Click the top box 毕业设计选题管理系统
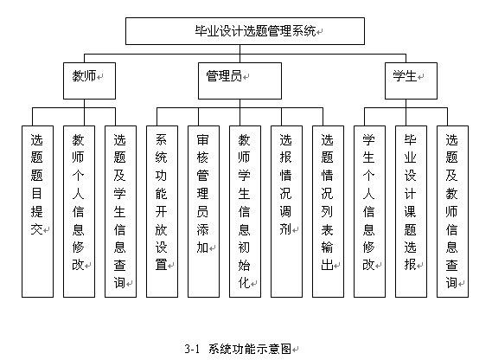[245, 31]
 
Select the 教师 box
[89, 80]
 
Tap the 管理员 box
[240, 80]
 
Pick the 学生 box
[411, 80]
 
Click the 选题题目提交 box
[37, 211]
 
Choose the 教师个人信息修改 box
[79, 211]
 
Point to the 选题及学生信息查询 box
[120, 211]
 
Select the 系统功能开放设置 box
[162, 211]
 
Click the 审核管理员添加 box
[203, 211]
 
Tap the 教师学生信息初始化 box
[245, 211]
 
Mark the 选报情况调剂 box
[286, 211]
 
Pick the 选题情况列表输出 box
[328, 211]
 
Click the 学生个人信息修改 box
[369, 211]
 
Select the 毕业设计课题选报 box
[411, 211]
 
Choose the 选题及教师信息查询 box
[452, 211]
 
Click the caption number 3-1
[192, 349]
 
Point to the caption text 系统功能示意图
[250, 349]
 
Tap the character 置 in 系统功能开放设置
[162, 265]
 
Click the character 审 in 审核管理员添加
[202, 140]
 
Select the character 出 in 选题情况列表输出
[327, 265]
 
